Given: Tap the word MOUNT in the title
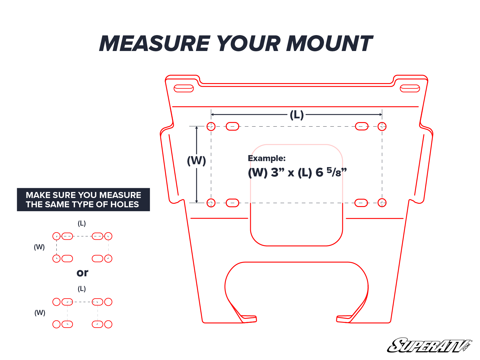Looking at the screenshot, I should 329,44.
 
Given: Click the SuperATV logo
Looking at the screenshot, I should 429,346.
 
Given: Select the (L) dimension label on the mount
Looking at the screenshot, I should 297,115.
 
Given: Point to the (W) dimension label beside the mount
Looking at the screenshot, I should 196,161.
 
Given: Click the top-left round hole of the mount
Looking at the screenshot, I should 211,126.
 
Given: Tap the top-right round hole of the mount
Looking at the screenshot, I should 382,126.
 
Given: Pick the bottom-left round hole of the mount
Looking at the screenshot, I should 211,203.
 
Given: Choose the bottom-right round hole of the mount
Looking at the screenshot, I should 382,203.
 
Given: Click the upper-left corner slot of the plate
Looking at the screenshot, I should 184,88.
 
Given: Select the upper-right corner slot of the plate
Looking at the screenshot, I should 410,88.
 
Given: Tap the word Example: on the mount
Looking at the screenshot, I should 267,158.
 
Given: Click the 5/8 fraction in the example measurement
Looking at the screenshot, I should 334,172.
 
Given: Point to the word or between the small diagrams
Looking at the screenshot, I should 82,273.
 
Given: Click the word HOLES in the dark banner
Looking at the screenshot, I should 125,205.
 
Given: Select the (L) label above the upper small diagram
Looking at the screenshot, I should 82,223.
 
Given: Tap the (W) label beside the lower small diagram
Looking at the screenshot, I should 40,313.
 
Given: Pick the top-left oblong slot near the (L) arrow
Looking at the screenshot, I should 232,126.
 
